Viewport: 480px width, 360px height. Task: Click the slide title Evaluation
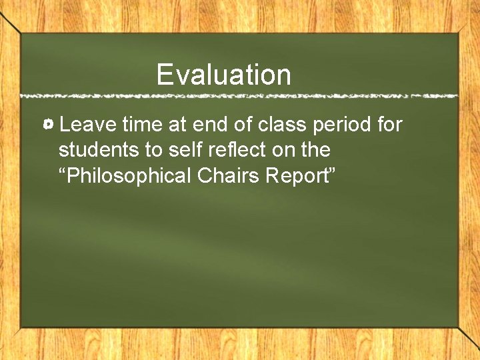click(224, 75)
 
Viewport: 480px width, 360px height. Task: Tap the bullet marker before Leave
click(49, 125)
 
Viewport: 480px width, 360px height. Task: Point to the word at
click(177, 125)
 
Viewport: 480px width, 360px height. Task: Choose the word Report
click(299, 176)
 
